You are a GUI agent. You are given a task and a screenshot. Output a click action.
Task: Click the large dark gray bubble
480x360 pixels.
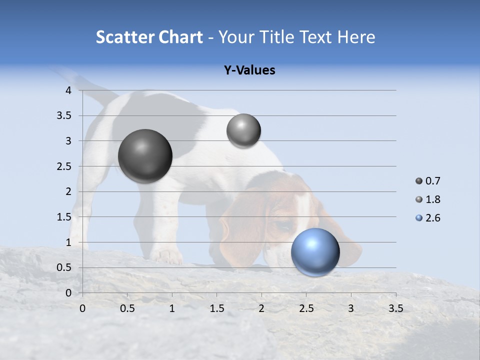(145, 156)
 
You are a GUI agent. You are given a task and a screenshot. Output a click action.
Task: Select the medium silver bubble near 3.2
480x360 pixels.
(243, 130)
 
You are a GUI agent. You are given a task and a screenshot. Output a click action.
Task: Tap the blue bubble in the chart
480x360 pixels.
(315, 252)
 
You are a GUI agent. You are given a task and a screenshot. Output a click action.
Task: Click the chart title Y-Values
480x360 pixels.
(249, 70)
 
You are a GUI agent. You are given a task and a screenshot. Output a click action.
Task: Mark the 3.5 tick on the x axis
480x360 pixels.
(395, 308)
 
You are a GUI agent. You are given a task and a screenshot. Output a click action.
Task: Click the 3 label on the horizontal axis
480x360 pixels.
(350, 308)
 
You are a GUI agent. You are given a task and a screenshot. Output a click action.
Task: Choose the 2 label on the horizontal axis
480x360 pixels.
(261, 308)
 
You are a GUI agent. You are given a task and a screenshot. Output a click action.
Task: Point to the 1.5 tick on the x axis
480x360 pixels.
(216, 308)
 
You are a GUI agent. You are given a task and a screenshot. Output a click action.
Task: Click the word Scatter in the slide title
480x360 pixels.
(124, 37)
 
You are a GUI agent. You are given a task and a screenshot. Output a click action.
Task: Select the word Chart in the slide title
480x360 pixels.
(180, 37)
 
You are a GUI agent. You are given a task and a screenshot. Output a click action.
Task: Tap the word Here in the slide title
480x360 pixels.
(355, 37)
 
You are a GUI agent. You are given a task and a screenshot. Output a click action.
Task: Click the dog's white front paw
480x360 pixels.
(167, 256)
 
